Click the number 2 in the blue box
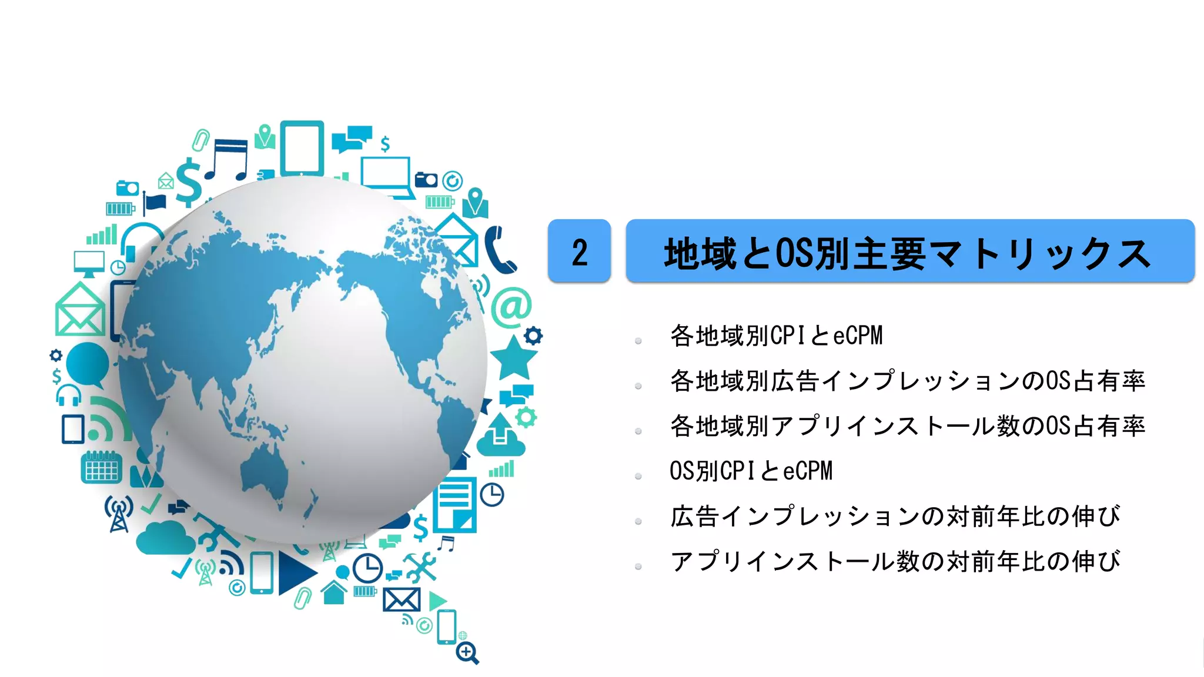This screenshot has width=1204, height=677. point(580,252)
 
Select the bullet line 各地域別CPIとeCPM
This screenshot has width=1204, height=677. point(776,336)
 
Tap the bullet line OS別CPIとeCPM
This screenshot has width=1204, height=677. point(751,471)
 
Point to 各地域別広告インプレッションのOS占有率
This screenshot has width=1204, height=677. point(907,381)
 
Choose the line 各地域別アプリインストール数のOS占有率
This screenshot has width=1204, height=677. point(907,426)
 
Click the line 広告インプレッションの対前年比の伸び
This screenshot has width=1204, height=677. point(895,516)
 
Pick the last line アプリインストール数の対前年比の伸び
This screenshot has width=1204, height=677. point(895,561)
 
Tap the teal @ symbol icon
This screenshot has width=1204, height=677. point(511,307)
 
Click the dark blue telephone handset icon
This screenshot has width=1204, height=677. point(500,250)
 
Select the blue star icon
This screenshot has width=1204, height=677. point(513,357)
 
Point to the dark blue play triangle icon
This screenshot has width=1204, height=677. point(296,572)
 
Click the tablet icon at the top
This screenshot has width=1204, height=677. point(302,148)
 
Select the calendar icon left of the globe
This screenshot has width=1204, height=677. point(101,468)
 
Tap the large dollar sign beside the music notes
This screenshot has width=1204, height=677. point(189,182)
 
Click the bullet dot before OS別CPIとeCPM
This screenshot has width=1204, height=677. point(638,476)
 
